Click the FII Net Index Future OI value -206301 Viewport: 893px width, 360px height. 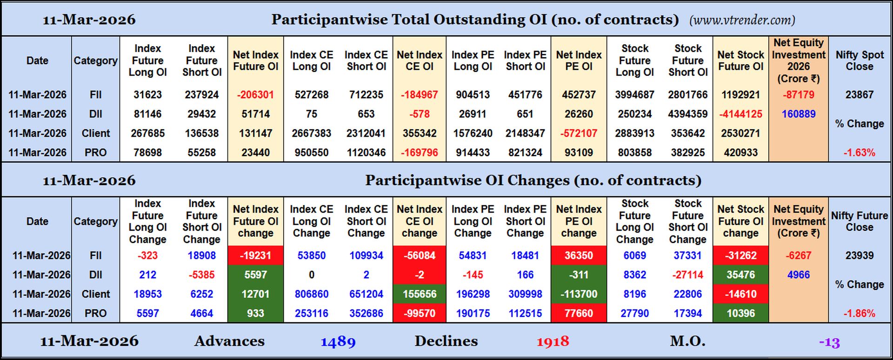coord(255,95)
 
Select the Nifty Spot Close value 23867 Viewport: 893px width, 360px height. coord(859,95)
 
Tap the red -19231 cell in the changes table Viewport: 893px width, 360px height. coord(255,255)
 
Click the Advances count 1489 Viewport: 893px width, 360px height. coord(338,342)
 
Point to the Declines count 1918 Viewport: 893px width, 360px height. coord(553,342)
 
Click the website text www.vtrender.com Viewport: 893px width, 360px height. coord(742,20)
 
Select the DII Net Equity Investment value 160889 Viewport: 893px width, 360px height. coord(798,114)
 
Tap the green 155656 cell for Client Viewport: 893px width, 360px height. coord(419,294)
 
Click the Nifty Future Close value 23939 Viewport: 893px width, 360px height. coord(859,255)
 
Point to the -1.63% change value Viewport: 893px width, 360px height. coord(859,153)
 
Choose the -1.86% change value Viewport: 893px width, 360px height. coord(859,313)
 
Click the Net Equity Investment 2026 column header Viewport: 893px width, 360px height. coord(798,60)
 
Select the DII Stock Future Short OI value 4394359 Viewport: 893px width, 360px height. coord(687,114)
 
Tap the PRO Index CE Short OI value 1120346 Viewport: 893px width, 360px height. coord(366,153)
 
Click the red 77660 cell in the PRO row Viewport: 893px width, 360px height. coord(578,313)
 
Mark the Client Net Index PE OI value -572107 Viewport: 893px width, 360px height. coord(578,133)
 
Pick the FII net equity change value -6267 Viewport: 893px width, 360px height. coord(798,255)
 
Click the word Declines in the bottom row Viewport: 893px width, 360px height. coord(446,341)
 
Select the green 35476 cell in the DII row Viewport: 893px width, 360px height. coord(740,275)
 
